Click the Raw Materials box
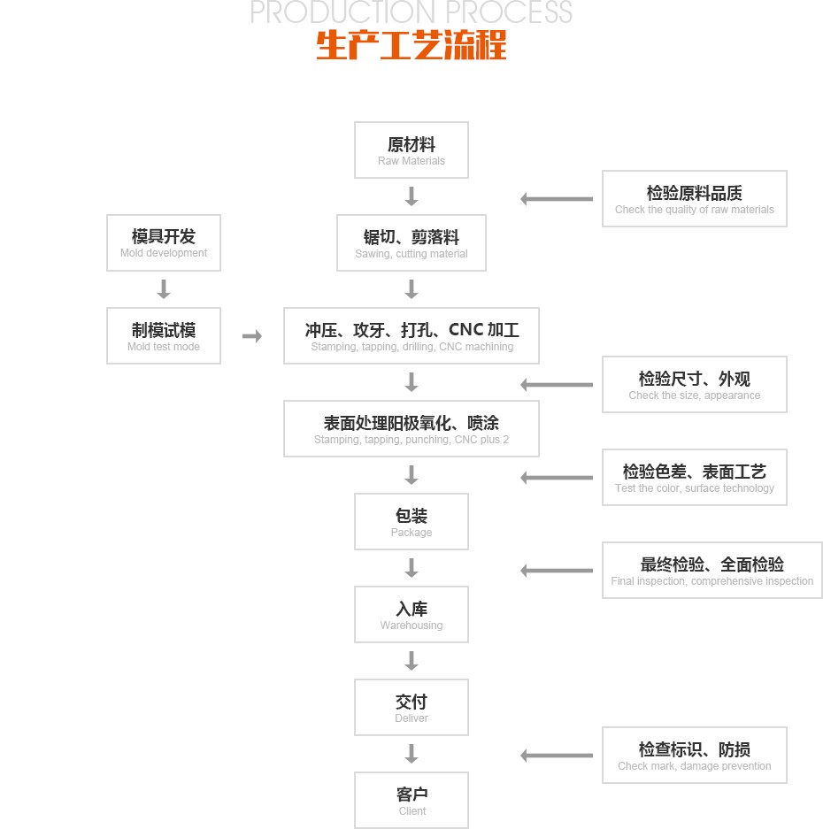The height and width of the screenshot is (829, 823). pos(411,150)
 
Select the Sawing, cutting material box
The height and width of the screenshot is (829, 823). pos(411,243)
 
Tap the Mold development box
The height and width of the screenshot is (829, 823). pos(164,242)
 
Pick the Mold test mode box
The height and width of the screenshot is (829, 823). pos(164,335)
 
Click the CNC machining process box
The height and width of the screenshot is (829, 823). pos(411,335)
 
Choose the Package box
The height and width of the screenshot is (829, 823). pos(411,522)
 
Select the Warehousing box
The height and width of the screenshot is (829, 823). pos(411,615)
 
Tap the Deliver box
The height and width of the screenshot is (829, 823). pos(411,708)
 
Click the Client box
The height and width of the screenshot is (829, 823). pos(411,801)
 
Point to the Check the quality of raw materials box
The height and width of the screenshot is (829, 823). pos(695,198)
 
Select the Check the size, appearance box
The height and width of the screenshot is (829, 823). pos(695,384)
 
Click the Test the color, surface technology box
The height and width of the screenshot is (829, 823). pos(695,477)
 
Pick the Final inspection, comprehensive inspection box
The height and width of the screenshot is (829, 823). pos(712,570)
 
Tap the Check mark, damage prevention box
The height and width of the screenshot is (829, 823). pos(695,755)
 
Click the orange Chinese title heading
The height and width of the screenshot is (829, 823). pos(411,45)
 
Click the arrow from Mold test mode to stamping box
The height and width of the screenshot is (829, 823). pos(252,336)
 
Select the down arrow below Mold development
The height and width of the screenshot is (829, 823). pos(164,289)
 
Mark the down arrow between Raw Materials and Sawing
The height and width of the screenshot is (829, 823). pos(411,196)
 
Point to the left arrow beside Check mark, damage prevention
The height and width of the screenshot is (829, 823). pos(557,756)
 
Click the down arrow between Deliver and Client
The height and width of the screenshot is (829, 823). pos(411,754)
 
